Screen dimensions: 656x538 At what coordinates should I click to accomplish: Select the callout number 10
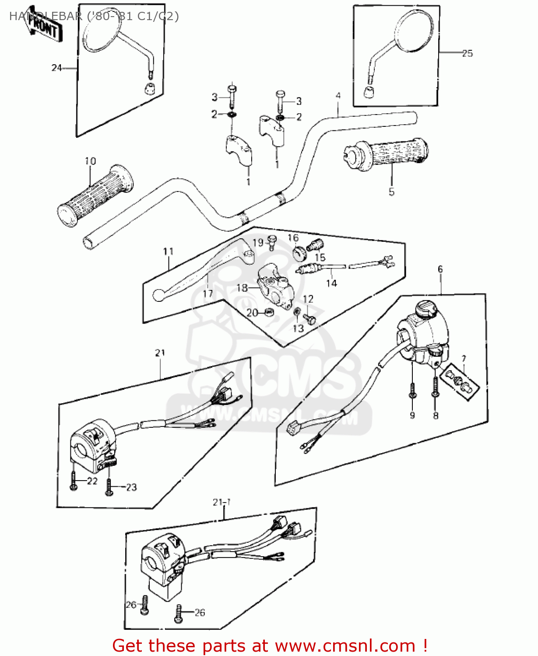[x=90, y=161]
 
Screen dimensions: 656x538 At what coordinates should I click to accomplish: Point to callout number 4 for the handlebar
[x=338, y=95]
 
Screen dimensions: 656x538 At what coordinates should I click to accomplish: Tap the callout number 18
[x=242, y=288]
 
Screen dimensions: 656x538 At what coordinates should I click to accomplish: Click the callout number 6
[x=440, y=269]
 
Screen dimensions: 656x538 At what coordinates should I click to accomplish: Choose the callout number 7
[x=464, y=359]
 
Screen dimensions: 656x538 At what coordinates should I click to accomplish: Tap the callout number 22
[x=92, y=481]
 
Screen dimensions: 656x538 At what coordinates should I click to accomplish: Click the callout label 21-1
[x=222, y=502]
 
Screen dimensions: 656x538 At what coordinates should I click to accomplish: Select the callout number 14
[x=331, y=283]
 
